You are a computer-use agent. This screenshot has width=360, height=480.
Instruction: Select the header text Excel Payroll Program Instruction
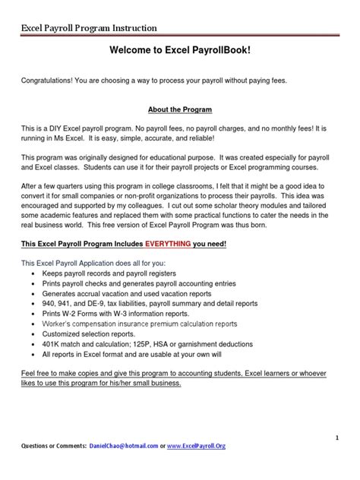pyautogui.click(x=89, y=28)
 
